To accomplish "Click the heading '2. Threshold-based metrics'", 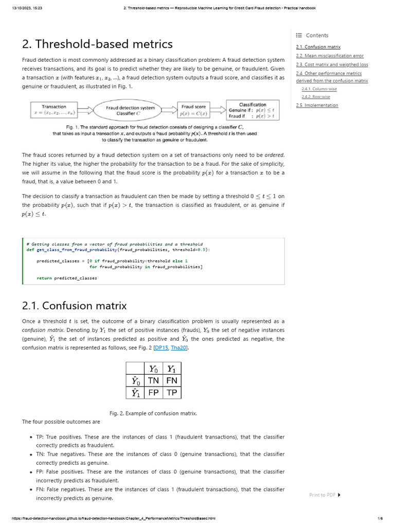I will click(x=97, y=44).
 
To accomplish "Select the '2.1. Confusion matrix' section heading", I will click(x=74, y=306).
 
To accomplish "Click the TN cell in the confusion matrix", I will click(x=153, y=380).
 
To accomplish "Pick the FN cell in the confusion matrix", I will click(x=172, y=380).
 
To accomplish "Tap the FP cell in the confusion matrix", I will click(x=153, y=393).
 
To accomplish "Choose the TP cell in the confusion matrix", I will click(x=172, y=393).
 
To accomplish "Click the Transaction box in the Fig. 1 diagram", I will click(x=54, y=109).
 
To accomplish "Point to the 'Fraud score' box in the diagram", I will click(x=193, y=110).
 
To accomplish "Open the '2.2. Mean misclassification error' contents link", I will click(x=330, y=56).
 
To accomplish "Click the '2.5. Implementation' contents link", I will click(x=317, y=105).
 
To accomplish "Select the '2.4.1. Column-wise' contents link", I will click(x=315, y=89).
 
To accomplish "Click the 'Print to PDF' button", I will click(x=325, y=495).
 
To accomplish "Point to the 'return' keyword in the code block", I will click(x=44, y=278).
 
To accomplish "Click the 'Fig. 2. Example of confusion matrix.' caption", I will click(x=153, y=413).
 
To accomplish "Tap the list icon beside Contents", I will click(x=299, y=36).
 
